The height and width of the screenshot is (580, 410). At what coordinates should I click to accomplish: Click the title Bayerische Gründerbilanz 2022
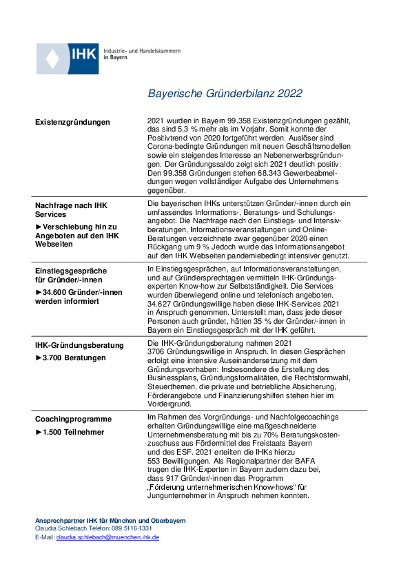225,94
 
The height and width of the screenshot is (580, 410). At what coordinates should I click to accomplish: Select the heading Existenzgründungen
72,122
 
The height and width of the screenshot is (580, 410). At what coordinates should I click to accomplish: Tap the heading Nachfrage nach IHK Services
71,210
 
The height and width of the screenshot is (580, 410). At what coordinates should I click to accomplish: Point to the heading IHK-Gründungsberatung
79,344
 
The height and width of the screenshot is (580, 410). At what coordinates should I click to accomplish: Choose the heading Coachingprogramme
74,419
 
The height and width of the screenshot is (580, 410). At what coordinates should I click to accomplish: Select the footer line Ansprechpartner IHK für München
110,520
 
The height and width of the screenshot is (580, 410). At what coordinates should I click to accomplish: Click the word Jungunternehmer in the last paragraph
179,496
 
